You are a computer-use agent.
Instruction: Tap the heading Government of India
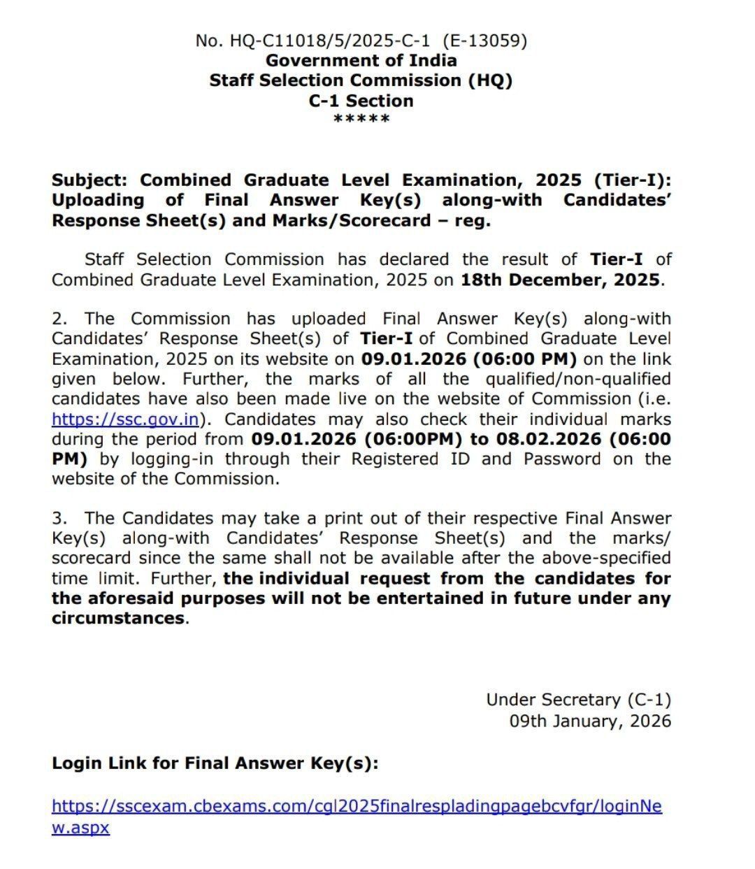pos(361,61)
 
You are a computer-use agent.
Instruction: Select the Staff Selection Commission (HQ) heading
pos(361,80)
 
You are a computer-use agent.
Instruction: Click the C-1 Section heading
pos(361,101)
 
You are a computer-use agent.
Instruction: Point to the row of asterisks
pos(361,119)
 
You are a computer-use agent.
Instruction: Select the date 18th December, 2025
pos(560,280)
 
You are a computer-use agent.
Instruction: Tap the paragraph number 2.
pos(59,319)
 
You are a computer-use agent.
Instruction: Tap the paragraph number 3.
pos(59,519)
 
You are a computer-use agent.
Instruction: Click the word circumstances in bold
pos(118,619)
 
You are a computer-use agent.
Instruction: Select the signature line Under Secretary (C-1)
pos(578,700)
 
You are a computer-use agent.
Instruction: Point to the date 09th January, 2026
pos(590,721)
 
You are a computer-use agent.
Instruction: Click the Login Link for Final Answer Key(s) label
pos(215,763)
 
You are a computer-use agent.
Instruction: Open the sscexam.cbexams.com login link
pos(357,807)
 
